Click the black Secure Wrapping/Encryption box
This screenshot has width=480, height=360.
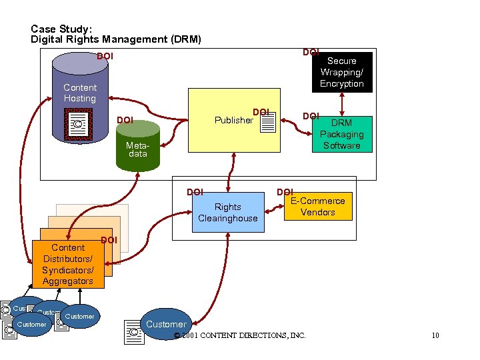[341, 72]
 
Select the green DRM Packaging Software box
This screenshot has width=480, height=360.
[341, 134]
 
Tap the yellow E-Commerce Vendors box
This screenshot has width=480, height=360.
[317, 207]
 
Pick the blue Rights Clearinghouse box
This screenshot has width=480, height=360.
[227, 213]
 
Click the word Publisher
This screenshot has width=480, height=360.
[233, 121]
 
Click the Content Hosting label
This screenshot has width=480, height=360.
[80, 93]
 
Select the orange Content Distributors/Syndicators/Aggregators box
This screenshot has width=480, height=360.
[68, 264]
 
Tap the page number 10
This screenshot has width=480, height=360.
[435, 335]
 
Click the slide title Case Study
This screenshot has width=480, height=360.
[61, 29]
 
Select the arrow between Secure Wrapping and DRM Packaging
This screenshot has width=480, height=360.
[342, 103]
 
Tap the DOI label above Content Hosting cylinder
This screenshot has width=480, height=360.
[105, 57]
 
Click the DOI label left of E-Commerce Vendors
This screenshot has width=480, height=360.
[285, 193]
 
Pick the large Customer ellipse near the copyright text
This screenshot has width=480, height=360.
[166, 324]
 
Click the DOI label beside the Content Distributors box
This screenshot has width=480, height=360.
[109, 240]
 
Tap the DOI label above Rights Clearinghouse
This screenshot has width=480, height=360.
[195, 193]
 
